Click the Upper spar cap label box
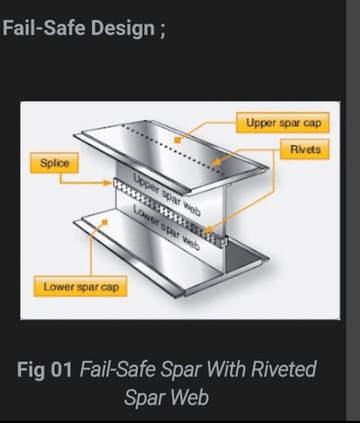(282, 123)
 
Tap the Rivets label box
(305, 149)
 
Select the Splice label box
(54, 163)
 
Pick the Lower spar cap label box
(80, 286)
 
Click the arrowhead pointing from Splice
(108, 183)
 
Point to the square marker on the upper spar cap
(177, 140)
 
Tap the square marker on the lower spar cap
(104, 222)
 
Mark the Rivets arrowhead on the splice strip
(207, 230)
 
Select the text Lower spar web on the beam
(167, 227)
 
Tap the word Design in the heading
(123, 28)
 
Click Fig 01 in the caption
(44, 369)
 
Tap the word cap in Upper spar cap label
(312, 123)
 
